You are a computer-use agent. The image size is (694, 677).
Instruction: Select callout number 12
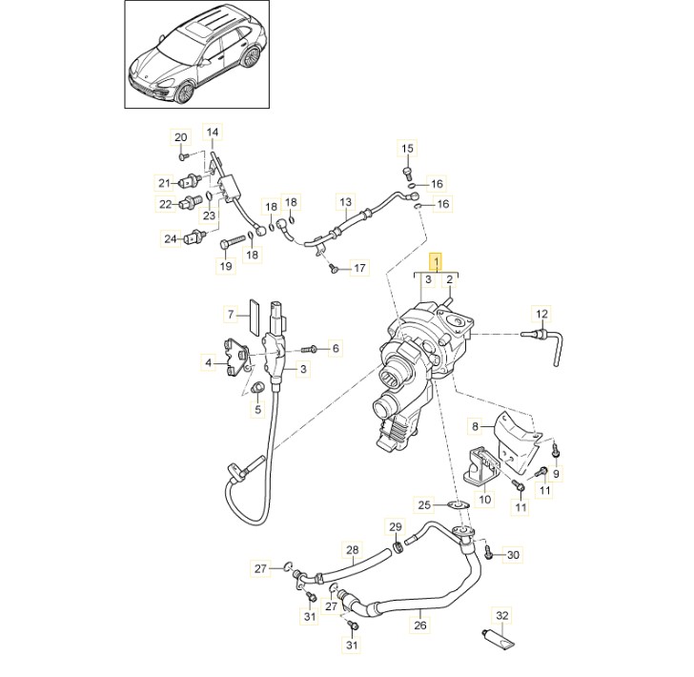(x=541, y=314)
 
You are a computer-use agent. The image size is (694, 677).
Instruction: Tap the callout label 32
(x=503, y=615)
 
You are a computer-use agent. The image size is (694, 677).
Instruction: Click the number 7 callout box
(x=230, y=313)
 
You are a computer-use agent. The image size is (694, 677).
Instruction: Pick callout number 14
(x=212, y=132)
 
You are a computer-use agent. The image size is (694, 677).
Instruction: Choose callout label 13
(x=345, y=203)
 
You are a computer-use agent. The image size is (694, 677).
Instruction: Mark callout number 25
(x=425, y=503)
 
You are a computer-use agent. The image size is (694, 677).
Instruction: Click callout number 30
(x=513, y=554)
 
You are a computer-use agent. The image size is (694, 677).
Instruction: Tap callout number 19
(x=226, y=265)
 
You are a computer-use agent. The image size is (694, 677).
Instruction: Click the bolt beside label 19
(x=226, y=246)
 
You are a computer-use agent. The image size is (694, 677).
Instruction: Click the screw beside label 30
(x=489, y=551)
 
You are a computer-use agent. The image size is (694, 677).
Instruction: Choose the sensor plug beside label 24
(x=197, y=238)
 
